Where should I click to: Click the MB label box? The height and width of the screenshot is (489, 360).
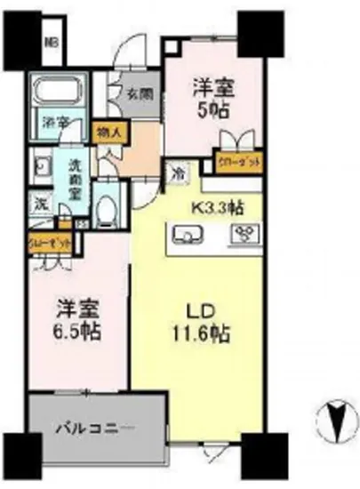point(53,41)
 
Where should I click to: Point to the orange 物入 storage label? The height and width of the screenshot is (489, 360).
point(110,130)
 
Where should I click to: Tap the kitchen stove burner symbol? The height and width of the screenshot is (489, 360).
point(243,235)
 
